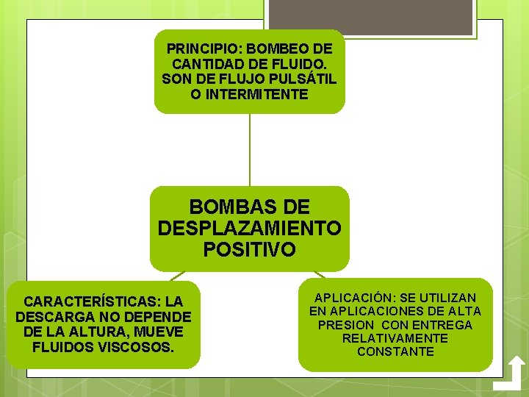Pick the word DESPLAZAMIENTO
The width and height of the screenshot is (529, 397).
click(250, 228)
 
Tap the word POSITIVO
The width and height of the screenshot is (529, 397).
click(250, 250)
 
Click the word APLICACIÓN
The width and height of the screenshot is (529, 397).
click(353, 298)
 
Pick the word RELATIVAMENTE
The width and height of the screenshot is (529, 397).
click(395, 338)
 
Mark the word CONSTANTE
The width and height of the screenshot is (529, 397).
click(395, 351)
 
